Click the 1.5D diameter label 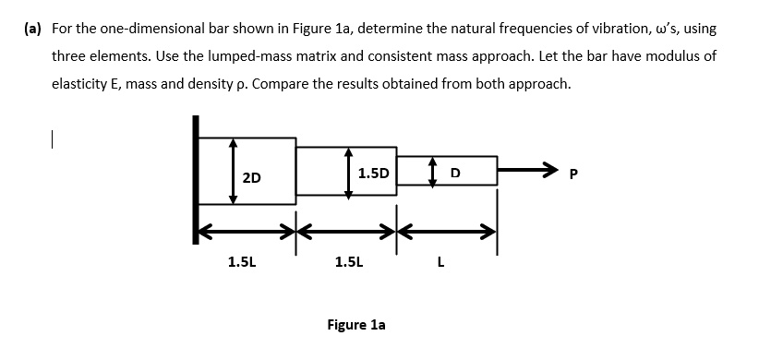[373, 173]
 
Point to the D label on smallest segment [454, 173]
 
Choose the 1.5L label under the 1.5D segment [349, 262]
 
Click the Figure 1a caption [356, 325]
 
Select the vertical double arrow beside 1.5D [348, 172]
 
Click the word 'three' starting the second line [70, 55]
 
